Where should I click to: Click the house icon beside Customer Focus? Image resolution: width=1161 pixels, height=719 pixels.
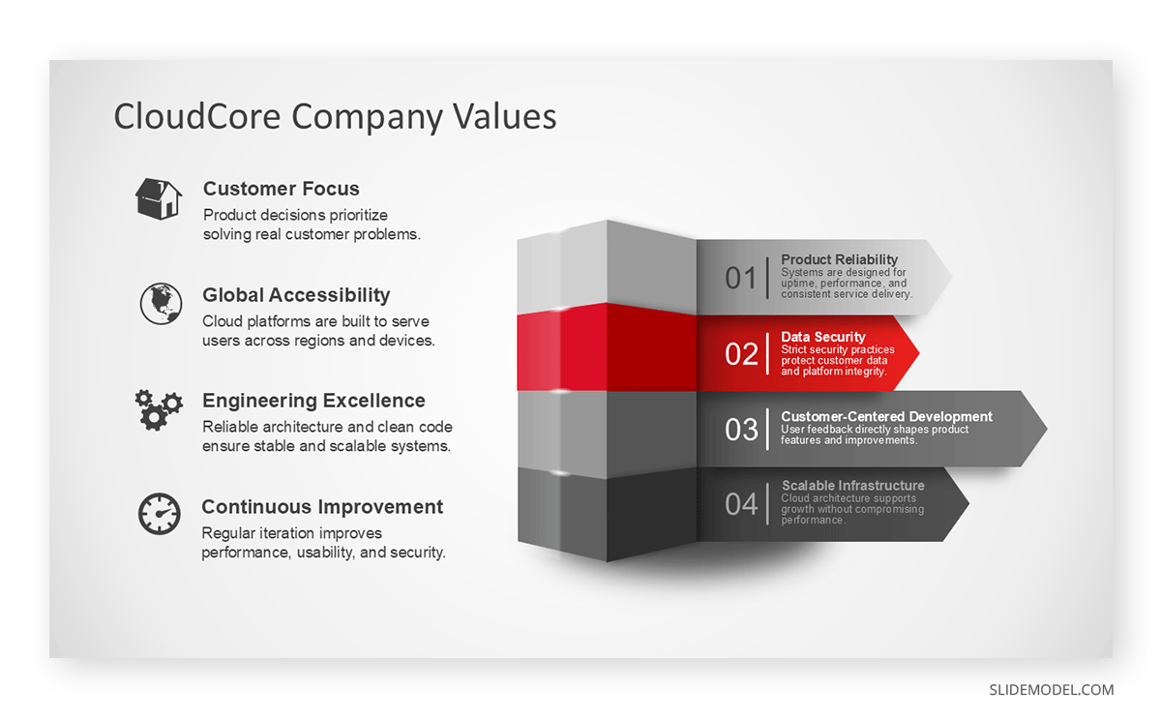coord(158,198)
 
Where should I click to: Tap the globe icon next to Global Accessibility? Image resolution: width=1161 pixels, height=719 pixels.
coord(160,304)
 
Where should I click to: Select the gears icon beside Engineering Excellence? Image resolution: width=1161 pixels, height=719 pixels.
coord(158,409)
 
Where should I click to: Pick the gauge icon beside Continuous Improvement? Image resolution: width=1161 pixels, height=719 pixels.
coord(159,514)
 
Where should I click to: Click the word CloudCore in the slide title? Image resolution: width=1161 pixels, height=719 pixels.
coord(198,116)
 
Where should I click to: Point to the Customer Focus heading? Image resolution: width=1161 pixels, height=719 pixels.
coord(281,189)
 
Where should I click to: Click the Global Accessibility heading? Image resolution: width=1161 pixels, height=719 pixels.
coord(296,295)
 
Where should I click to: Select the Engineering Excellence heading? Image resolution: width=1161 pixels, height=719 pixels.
coord(313,401)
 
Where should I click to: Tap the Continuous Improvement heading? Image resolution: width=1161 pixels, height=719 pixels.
coord(322,507)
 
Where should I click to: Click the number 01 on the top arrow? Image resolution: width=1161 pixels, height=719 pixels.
coord(741,279)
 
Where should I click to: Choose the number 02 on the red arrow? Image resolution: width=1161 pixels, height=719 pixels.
coord(741,354)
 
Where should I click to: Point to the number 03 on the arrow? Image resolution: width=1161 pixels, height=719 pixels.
coord(741,430)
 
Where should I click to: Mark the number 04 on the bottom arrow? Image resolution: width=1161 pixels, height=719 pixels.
coord(741,504)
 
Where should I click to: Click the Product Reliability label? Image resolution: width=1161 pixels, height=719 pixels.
coord(839,259)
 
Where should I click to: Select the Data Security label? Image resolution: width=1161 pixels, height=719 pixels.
coord(822,337)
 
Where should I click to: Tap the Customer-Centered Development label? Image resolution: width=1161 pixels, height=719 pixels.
coord(886,416)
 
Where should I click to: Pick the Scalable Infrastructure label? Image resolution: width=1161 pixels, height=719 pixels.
coord(852,486)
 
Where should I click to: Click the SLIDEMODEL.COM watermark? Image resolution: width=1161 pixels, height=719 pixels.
coord(1051,690)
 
